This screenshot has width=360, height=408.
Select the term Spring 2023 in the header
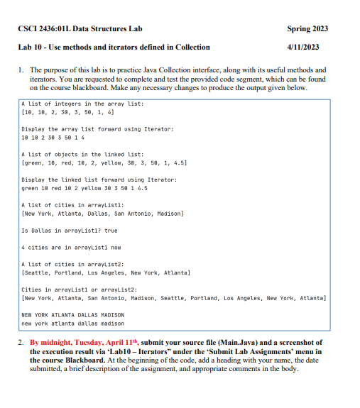(307, 28)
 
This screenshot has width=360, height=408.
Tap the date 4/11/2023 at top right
(302, 47)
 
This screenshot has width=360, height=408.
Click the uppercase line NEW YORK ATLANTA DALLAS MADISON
(73, 314)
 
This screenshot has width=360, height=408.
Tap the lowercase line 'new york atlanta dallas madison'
(73, 323)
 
